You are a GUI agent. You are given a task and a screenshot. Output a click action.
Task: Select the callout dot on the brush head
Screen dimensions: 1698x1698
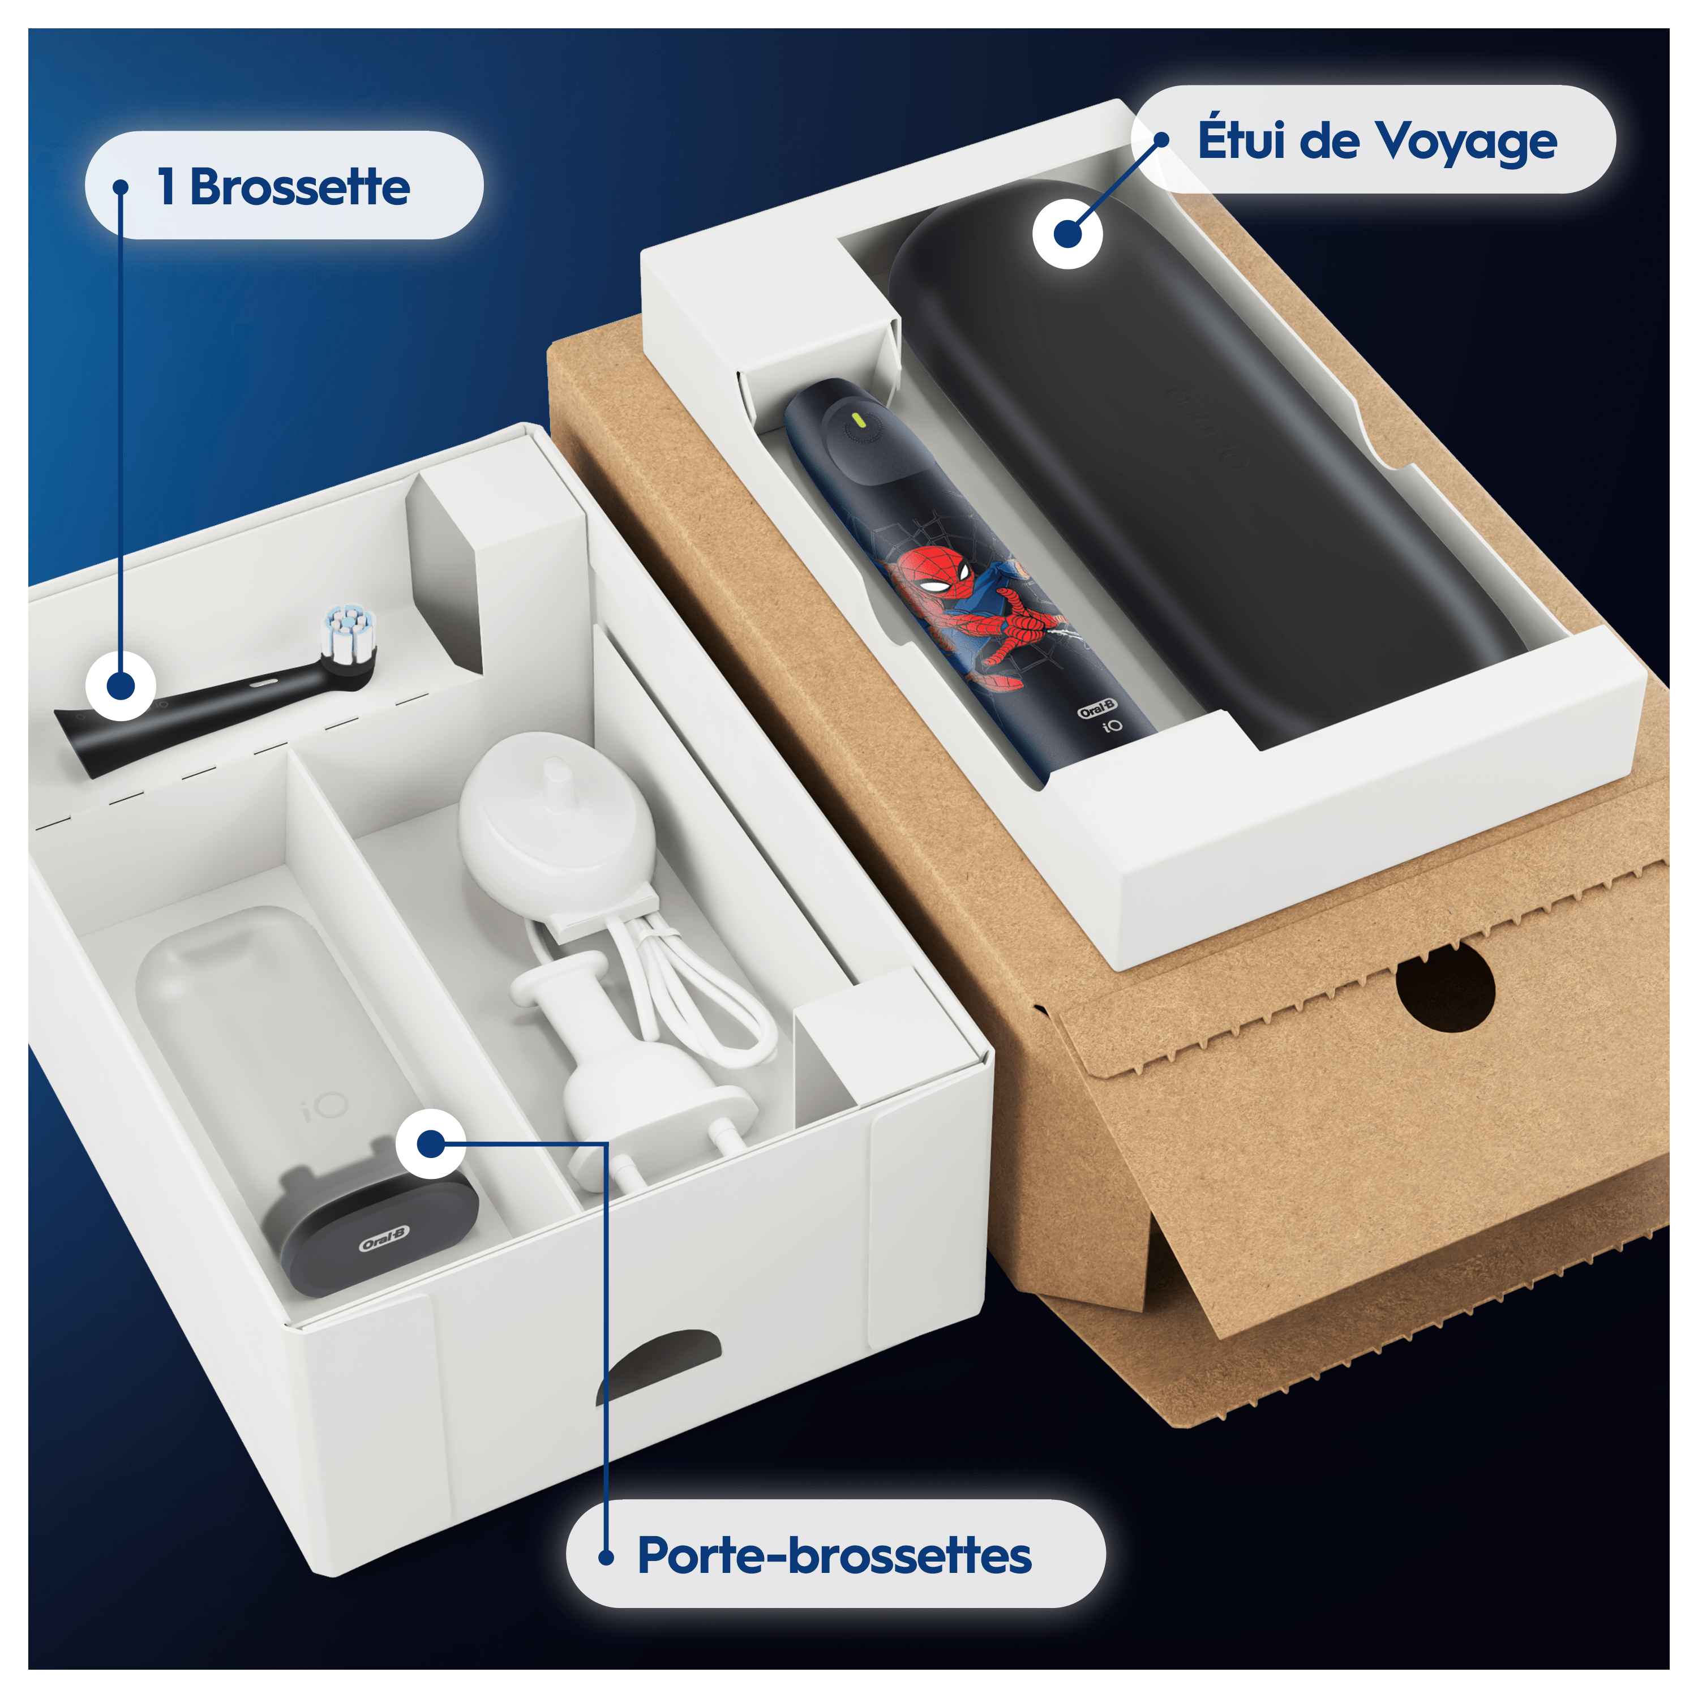click(121, 685)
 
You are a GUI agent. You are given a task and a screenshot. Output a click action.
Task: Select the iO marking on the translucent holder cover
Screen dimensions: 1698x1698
click(325, 1108)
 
